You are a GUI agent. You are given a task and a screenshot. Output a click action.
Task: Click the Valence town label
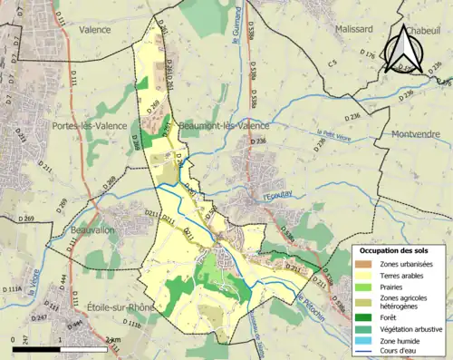click(x=95, y=29)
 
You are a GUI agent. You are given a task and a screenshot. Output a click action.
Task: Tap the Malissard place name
click(x=327, y=29)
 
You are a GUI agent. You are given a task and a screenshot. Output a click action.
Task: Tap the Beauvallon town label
click(x=98, y=231)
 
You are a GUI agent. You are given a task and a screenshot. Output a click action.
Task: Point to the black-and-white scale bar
click(x=60, y=348)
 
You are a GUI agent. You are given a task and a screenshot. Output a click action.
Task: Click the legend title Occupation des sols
click(x=396, y=250)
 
